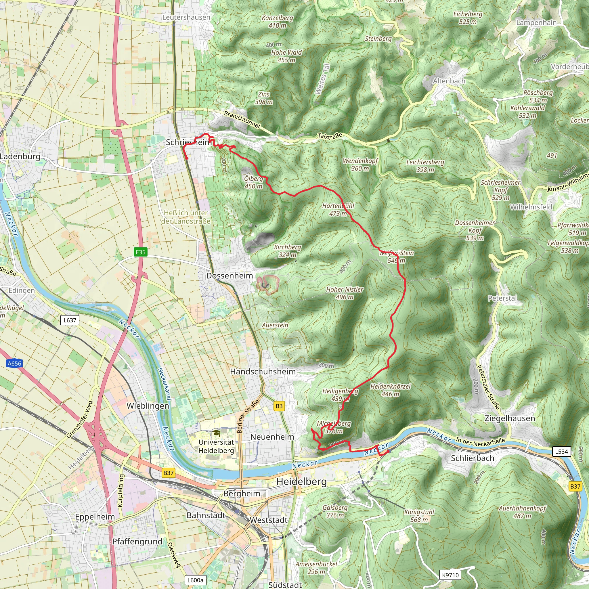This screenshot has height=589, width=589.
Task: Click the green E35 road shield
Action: [x=141, y=252]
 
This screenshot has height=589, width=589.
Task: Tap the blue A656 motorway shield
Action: [x=14, y=364]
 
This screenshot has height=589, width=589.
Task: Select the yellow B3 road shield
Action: [x=279, y=406]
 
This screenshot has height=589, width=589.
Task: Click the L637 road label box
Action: [x=70, y=320]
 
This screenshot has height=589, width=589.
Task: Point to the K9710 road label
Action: [x=450, y=575]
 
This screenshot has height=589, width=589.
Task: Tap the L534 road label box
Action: [x=561, y=452]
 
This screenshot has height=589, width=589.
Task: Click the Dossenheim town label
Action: [x=230, y=276]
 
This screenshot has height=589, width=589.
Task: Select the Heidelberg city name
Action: [x=301, y=482]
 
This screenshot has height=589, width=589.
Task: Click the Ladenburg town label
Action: [x=20, y=156]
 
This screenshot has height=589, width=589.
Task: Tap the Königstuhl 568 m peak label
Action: [x=419, y=516]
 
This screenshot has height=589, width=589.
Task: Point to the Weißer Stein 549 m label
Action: [x=396, y=256]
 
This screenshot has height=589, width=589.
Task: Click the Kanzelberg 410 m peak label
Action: [x=278, y=22]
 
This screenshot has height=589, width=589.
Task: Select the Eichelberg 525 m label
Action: [x=468, y=18]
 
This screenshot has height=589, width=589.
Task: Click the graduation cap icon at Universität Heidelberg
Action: [x=216, y=433]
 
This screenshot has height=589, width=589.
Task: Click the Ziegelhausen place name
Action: [x=510, y=418]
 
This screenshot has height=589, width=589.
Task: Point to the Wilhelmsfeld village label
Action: [x=531, y=207]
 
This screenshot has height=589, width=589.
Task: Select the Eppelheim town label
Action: [x=95, y=517]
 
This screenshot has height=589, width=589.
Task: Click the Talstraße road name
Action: [x=330, y=136]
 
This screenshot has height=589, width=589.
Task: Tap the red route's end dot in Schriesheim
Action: [x=187, y=158]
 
